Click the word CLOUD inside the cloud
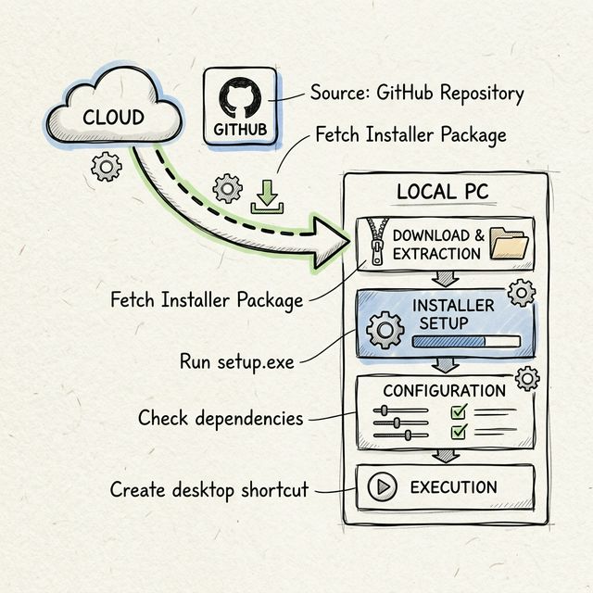[113, 118]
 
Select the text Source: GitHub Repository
[417, 94]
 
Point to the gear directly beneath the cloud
[107, 168]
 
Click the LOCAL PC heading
[442, 192]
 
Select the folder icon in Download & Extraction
[508, 244]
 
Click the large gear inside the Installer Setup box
[385, 329]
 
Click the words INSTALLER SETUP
[453, 315]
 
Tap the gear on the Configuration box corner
[527, 378]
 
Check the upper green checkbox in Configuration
[459, 413]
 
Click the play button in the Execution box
[383, 487]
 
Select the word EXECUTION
[453, 487]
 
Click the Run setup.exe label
[237, 361]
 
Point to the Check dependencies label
[221, 418]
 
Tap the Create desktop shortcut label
[208, 489]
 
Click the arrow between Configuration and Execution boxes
[446, 456]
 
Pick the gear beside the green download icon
[227, 189]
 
